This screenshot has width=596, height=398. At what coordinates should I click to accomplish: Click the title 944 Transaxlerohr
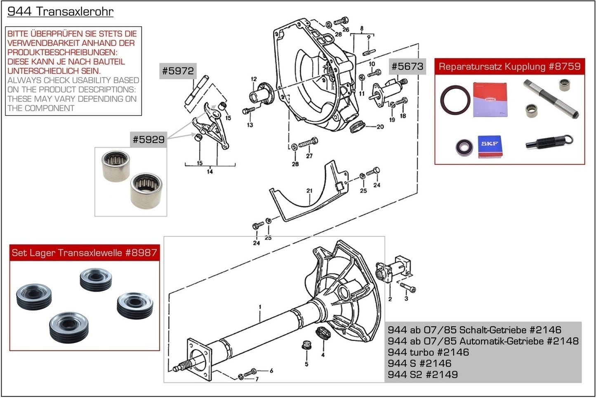pyautogui.click(x=60, y=12)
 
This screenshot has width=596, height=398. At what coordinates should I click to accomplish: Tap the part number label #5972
pyautogui.click(x=178, y=71)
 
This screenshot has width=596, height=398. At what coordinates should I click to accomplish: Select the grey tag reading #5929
pyautogui.click(x=148, y=139)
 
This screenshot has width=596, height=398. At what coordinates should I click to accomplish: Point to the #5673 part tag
pyautogui.click(x=407, y=66)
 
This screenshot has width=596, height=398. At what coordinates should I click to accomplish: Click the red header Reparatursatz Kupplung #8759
pyautogui.click(x=509, y=67)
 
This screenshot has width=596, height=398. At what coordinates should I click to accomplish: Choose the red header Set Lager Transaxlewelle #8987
pyautogui.click(x=85, y=253)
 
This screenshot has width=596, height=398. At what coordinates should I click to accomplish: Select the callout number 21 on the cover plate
pyautogui.click(x=309, y=191)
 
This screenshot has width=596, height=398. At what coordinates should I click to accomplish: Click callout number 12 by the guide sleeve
pyautogui.click(x=254, y=79)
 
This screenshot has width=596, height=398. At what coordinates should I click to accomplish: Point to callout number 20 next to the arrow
pyautogui.click(x=380, y=127)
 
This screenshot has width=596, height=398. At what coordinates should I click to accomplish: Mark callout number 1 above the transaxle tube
pyautogui.click(x=260, y=307)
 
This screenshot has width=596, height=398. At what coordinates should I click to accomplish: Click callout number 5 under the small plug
pyautogui.click(x=306, y=364)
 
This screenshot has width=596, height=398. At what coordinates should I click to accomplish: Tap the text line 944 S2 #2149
pyautogui.click(x=422, y=374)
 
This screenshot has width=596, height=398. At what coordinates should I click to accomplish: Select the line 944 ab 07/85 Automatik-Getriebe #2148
pyautogui.click(x=483, y=341)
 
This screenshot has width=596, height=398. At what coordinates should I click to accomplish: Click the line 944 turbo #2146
pyautogui.click(x=428, y=352)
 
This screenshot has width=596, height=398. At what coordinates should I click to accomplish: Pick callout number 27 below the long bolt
pyautogui.click(x=309, y=156)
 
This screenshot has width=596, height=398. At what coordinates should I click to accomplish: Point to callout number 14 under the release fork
pyautogui.click(x=210, y=171)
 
